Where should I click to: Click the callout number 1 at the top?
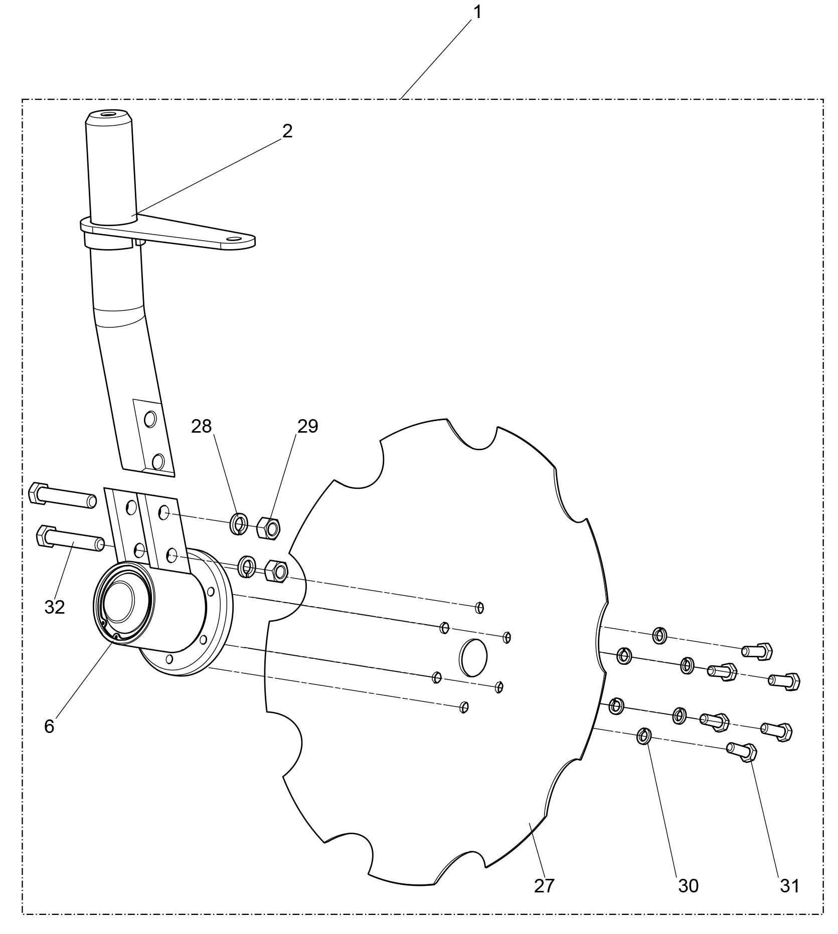(x=477, y=12)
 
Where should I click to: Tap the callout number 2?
(x=287, y=131)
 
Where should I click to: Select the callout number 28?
(x=202, y=426)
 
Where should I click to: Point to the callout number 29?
(x=307, y=426)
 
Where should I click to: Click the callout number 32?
(x=55, y=607)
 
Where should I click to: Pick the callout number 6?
(x=49, y=726)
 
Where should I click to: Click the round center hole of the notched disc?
(x=473, y=658)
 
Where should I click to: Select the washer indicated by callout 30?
(x=644, y=736)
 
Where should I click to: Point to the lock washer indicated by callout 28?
(x=238, y=524)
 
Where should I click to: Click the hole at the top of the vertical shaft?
(x=108, y=115)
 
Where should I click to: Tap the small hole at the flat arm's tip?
(x=234, y=239)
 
